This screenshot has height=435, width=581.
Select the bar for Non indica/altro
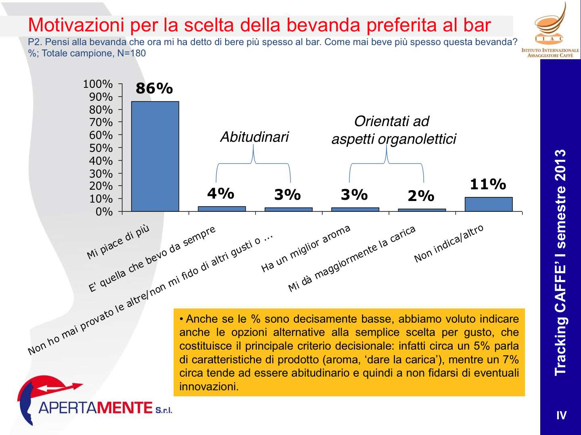(x=488, y=204)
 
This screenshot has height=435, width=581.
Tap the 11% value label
(x=488, y=184)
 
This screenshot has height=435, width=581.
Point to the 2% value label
(x=421, y=196)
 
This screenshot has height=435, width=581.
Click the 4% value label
(x=221, y=194)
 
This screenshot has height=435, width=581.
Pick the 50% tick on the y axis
(x=101, y=148)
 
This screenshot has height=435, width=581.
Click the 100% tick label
(x=98, y=84)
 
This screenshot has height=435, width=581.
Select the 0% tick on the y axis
(x=104, y=211)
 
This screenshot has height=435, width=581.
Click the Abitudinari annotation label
(x=255, y=137)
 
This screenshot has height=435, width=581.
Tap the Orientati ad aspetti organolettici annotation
(x=393, y=130)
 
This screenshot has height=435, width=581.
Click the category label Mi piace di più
(x=118, y=241)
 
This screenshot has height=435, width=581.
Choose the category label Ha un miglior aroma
(x=306, y=249)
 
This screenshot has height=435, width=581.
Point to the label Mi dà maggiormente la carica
(x=351, y=258)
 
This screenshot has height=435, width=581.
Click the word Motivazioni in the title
(x=76, y=25)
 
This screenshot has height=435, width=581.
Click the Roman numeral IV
(x=561, y=415)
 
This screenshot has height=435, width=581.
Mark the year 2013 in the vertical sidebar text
(x=560, y=165)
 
